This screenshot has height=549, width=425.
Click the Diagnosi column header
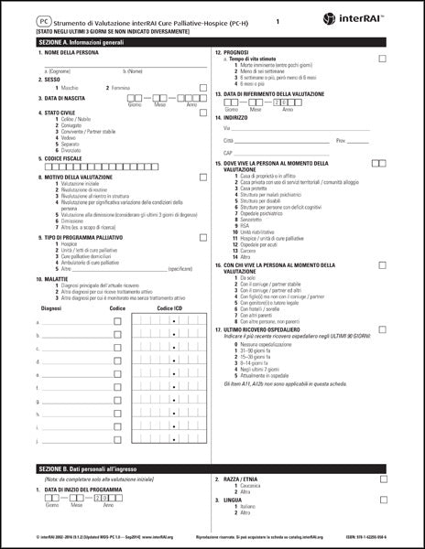point(53,309)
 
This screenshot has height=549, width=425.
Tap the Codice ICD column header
point(170,309)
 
